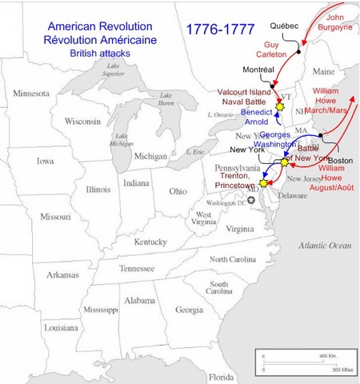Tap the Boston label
339,160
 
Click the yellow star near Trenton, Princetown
263,184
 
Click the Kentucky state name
150,242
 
